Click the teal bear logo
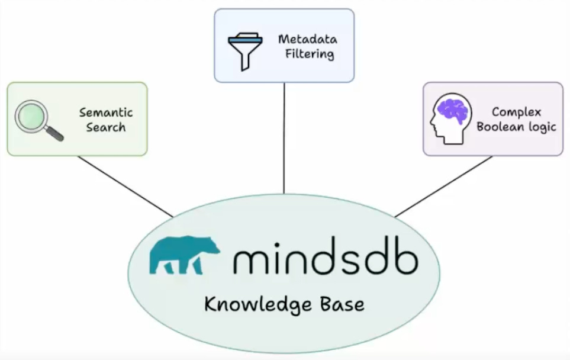[x=184, y=255]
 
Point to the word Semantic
[x=106, y=112]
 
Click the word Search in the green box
[x=106, y=127]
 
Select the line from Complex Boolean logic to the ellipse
[x=443, y=186]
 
